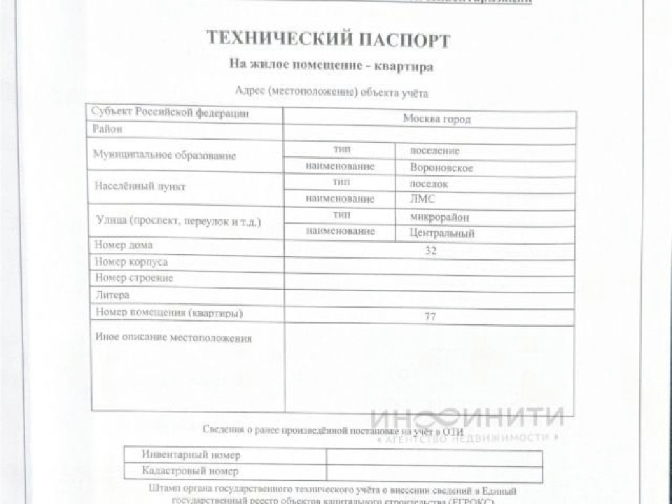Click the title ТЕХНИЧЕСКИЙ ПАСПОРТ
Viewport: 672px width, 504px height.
click(x=328, y=39)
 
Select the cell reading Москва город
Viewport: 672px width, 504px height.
click(x=436, y=119)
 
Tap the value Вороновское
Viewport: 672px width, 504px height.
click(x=442, y=168)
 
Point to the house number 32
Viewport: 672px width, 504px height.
click(x=430, y=250)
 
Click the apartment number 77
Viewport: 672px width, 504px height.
click(x=430, y=316)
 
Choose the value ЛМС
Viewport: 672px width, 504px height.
click(x=422, y=199)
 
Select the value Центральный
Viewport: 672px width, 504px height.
click(x=442, y=233)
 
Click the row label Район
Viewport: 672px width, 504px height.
click(x=108, y=129)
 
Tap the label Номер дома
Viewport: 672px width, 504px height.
click(x=123, y=245)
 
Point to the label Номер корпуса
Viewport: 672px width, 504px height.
click(x=131, y=262)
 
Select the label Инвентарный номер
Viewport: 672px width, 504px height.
click(x=191, y=454)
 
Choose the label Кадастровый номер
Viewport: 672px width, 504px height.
click(x=190, y=471)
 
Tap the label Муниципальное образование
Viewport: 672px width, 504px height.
click(x=164, y=156)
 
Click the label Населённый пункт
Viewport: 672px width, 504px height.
click(x=140, y=186)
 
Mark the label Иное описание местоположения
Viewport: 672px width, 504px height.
click(x=173, y=339)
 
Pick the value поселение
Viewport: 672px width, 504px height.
click(x=434, y=151)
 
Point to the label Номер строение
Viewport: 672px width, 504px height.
click(x=134, y=278)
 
